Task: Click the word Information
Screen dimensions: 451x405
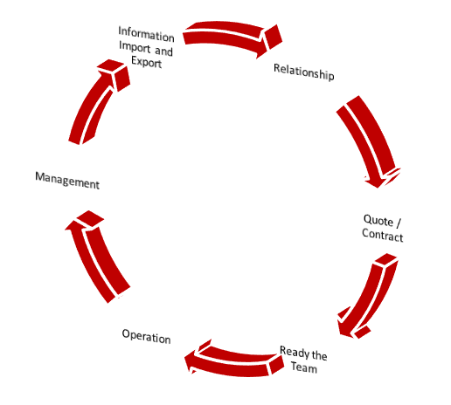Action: tap(146, 34)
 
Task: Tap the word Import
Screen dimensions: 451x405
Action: tap(135, 47)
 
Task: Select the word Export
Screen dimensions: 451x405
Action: tap(146, 62)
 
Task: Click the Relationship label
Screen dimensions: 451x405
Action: tap(304, 72)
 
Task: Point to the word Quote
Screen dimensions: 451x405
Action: tap(378, 220)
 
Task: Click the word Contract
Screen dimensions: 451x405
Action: tap(383, 235)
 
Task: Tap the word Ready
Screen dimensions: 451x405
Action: tap(295, 353)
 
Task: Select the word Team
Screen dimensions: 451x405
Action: tap(304, 367)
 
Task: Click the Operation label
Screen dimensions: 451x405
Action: tap(146, 337)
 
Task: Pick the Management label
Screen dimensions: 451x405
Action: tap(67, 181)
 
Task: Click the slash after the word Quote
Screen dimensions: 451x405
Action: tap(399, 223)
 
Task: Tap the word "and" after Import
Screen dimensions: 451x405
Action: tap(163, 51)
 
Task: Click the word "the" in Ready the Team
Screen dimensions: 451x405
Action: tap(319, 355)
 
